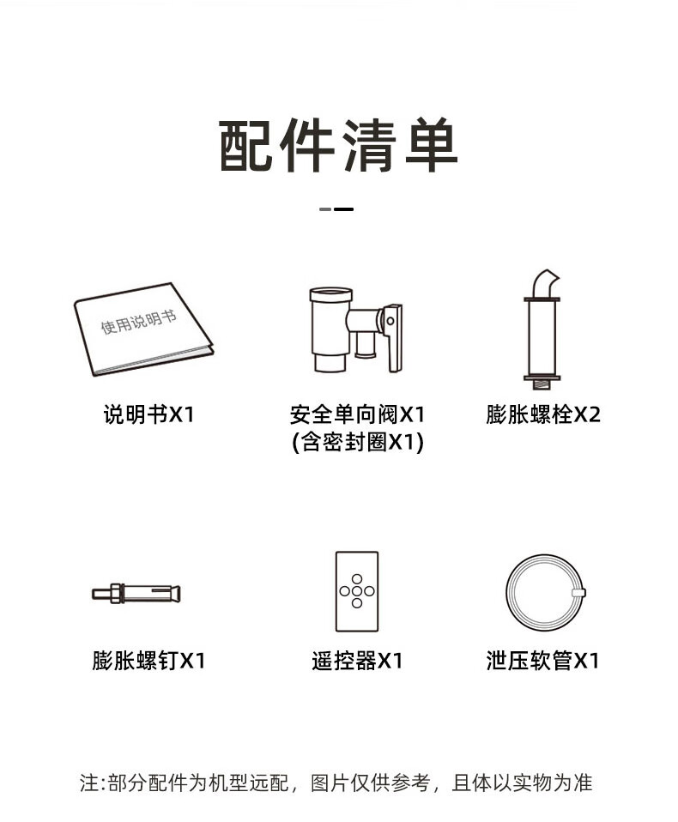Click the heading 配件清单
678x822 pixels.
point(338,145)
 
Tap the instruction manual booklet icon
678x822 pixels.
point(143,329)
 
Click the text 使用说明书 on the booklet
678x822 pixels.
point(138,322)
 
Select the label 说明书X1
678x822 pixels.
point(148,414)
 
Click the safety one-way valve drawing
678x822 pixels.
point(356,329)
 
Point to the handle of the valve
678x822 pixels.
point(394,338)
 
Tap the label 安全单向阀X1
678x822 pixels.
point(357,414)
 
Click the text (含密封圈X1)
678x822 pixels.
point(357,442)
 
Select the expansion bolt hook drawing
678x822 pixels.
point(542,330)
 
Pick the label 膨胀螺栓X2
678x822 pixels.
point(542,414)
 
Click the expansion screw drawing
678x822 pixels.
point(136,594)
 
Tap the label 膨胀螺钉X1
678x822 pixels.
point(148,661)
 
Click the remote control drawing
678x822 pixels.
point(357,591)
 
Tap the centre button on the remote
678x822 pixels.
point(357,591)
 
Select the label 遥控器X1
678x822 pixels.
point(357,661)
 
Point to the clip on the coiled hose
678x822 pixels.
point(579,593)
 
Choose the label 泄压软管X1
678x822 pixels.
point(542,661)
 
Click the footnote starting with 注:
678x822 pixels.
point(336,783)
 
